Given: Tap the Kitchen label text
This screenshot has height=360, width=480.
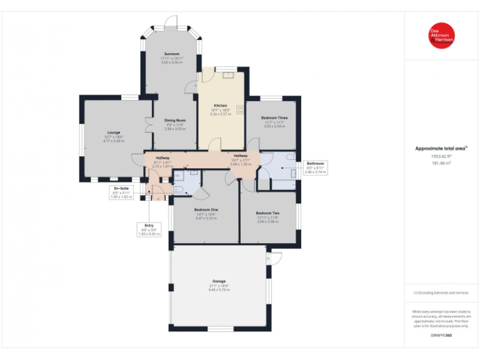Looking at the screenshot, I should point(221,106).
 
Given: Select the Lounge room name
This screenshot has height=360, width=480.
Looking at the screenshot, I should point(113,132).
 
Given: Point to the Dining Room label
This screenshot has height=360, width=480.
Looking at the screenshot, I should point(176,120).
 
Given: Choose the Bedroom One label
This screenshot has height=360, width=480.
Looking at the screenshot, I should point(206,210).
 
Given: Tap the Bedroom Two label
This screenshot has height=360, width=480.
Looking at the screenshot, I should point(267,213).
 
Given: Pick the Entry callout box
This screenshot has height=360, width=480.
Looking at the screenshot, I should point(149,229).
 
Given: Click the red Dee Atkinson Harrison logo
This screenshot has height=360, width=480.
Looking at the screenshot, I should point(441,36).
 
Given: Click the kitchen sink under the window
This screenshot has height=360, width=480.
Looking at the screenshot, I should point(228,74).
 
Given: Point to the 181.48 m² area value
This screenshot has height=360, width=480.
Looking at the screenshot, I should point(441,163).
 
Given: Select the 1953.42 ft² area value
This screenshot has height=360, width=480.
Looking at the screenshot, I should point(441,156).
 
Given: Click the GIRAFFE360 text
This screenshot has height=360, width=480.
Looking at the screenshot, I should point(441,336).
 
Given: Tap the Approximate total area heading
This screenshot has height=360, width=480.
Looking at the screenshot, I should point(441,148).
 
